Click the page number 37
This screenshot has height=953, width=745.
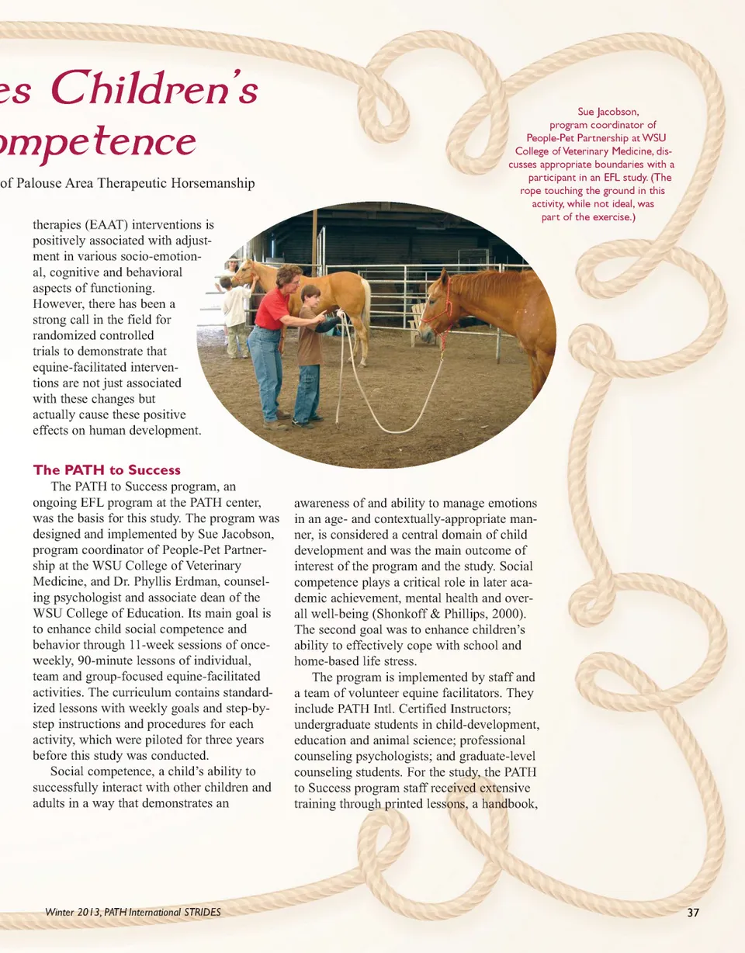coord(693,913)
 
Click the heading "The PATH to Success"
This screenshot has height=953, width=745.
coord(106,470)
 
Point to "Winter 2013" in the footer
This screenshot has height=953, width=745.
coord(74,912)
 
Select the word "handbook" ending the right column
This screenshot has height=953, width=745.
coord(508,804)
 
